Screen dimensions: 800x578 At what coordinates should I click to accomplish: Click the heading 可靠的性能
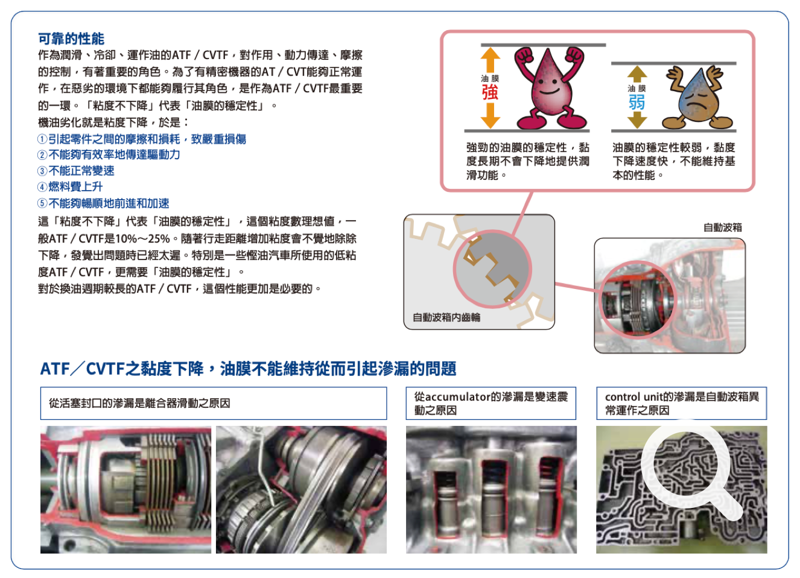click(71, 39)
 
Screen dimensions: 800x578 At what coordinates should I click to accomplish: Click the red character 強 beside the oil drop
click(490, 92)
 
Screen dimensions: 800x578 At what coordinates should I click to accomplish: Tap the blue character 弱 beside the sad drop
click(637, 102)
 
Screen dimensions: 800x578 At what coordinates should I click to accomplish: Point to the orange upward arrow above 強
click(490, 60)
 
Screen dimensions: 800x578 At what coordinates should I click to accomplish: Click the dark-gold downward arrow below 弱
click(637, 120)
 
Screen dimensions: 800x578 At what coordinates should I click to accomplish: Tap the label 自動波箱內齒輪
click(446, 317)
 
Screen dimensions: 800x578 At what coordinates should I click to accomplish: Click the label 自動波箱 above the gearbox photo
click(723, 227)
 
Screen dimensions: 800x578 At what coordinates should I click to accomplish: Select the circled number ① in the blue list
click(42, 139)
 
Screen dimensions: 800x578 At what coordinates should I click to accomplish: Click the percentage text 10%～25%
click(143, 238)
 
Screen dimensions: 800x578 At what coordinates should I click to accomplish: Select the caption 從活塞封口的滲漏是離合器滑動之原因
click(139, 403)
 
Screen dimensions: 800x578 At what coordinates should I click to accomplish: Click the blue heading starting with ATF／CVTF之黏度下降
click(248, 369)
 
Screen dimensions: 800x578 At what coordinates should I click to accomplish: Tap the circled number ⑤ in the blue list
click(42, 203)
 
